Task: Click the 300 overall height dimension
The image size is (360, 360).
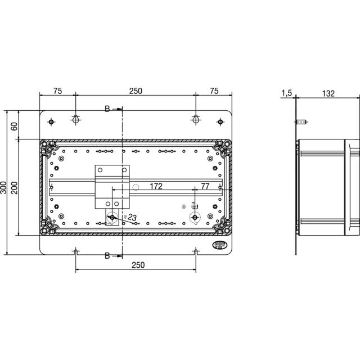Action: pos(3,187)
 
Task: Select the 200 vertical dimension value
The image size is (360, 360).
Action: pos(14,187)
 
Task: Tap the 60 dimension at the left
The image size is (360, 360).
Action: pos(14,126)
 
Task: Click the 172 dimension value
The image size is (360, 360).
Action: pos(156,186)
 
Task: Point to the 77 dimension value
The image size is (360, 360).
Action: pos(205,186)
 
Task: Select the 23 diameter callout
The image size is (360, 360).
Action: pos(132,217)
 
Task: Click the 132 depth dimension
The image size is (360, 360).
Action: pos(328,93)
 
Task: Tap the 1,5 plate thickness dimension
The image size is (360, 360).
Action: pos(287,93)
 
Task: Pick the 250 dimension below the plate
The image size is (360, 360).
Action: pos(138,265)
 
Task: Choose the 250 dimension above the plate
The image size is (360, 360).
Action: pos(136,91)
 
